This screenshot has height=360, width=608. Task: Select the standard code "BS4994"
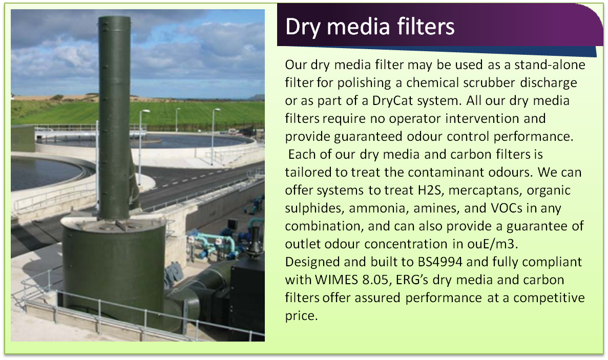[x=439, y=262]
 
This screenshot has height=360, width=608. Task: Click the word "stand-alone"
[x=550, y=65]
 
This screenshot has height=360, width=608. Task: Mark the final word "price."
[x=301, y=316]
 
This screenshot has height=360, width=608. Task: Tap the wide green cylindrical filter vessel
[x=114, y=271]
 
